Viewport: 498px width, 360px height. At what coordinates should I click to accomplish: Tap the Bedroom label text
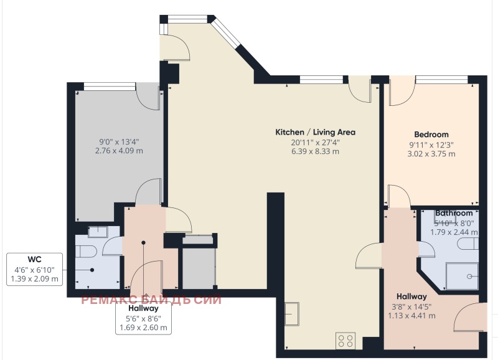(x=431, y=135)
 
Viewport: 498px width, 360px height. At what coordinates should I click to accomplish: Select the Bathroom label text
(x=454, y=213)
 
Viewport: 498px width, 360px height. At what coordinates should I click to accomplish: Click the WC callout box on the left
(x=34, y=269)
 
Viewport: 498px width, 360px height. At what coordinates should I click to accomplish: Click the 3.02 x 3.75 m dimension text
(x=431, y=153)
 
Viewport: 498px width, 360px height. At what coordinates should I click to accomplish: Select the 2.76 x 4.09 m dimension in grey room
(x=118, y=150)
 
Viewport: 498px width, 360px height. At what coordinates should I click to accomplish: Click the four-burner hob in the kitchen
(x=345, y=341)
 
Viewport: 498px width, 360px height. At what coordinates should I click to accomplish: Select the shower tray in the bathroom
(x=463, y=276)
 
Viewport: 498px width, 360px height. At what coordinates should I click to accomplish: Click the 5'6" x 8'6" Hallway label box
(x=143, y=318)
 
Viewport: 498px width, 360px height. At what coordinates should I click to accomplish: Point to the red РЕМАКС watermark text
(x=151, y=300)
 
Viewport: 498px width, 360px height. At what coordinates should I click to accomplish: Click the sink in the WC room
(x=98, y=232)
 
